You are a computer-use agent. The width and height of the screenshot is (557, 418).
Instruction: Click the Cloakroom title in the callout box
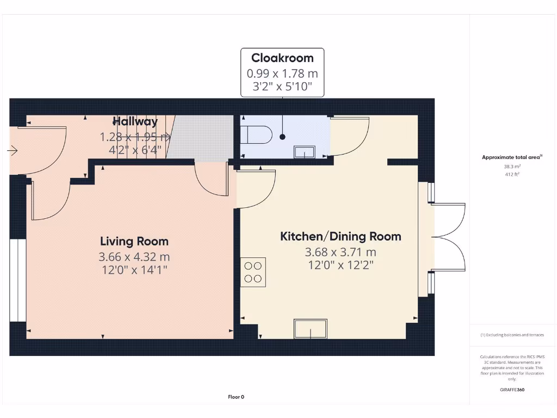pos(282,58)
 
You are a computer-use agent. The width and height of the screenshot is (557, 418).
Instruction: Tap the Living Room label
pos(134,241)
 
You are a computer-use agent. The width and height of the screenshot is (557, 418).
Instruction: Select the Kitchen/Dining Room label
pos(341,236)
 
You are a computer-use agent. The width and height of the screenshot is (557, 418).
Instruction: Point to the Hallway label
pos(135,121)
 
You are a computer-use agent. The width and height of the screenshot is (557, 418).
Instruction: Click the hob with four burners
pos(253,272)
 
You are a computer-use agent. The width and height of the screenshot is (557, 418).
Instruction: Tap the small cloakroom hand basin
pos(304,152)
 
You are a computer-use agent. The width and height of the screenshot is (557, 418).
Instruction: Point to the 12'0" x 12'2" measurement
pos(341,265)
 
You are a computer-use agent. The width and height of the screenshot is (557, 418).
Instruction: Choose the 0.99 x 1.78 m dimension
pos(282,73)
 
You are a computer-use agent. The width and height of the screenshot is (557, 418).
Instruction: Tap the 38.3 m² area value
pos(511,167)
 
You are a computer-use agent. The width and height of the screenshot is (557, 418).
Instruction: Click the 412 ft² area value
pos(511,175)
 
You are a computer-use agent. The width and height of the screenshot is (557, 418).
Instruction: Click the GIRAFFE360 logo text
pos(512,390)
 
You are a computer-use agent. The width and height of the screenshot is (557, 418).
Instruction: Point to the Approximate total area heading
pos(511,157)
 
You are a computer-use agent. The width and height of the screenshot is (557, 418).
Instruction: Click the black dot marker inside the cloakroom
pos(282,137)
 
